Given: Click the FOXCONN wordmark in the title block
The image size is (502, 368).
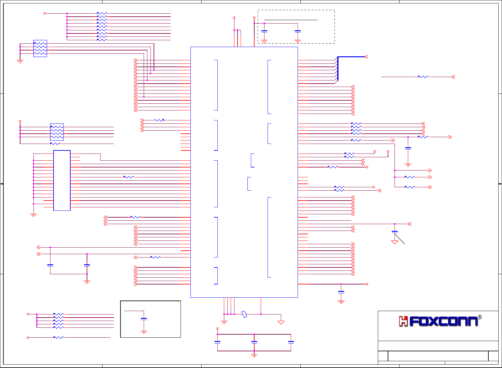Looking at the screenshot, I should (x=443, y=321).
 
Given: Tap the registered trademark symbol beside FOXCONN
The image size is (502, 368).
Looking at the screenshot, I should (x=480, y=317).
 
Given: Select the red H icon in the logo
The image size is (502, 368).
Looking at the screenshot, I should (x=403, y=321).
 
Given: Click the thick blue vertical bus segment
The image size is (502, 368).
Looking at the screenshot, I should (x=338, y=69).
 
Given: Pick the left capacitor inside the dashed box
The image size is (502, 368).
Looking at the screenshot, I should (x=264, y=31).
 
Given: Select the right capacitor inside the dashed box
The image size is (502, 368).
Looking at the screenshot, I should (x=298, y=31).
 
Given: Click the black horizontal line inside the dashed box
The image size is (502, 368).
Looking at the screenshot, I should (x=291, y=20).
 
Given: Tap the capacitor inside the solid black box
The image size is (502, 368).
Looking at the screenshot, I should (x=144, y=318).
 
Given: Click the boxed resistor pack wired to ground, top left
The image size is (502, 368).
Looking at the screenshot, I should (x=40, y=48).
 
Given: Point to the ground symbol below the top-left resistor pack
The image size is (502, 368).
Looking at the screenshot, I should (x=20, y=61).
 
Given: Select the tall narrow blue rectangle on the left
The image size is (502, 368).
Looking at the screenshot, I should (x=62, y=180).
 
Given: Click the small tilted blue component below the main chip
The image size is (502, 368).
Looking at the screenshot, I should (x=244, y=314).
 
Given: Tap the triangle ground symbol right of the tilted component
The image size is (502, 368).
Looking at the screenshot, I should (x=281, y=322).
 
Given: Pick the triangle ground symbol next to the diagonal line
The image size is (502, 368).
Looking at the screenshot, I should (x=395, y=242).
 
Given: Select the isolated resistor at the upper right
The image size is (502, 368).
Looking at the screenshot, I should (x=423, y=77).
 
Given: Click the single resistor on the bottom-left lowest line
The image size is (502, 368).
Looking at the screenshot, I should (x=59, y=337).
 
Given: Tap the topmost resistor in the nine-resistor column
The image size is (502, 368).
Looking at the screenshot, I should (x=102, y=13).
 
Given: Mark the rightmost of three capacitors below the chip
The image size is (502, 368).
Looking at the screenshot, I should (x=291, y=342).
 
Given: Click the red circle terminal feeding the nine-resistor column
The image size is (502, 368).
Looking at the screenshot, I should (x=45, y=13).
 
